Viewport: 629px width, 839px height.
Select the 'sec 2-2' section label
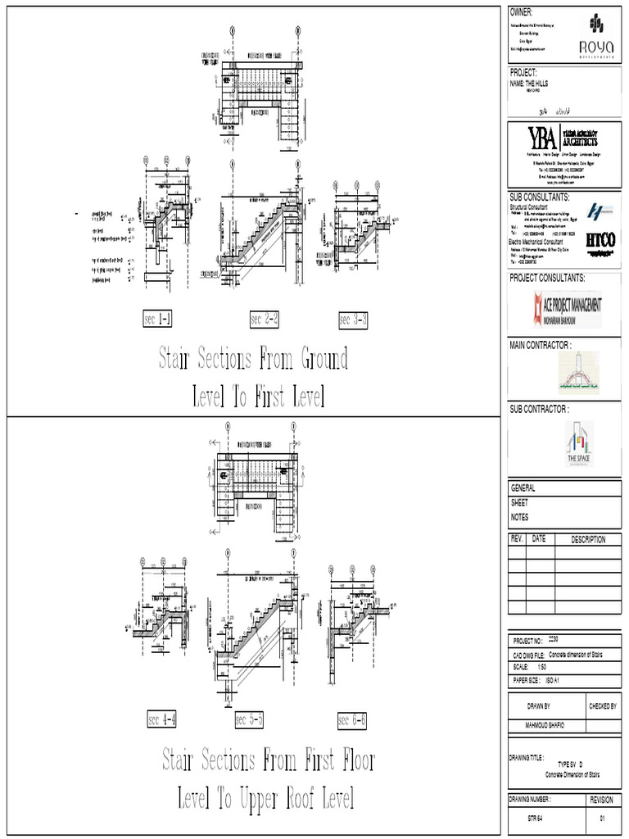pyautogui.click(x=265, y=320)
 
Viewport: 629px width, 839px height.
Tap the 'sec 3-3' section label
pyautogui.click(x=353, y=320)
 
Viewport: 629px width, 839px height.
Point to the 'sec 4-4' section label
pyautogui.click(x=162, y=720)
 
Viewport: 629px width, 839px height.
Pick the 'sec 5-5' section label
pyautogui.click(x=249, y=720)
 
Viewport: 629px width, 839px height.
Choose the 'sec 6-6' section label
pyautogui.click(x=352, y=720)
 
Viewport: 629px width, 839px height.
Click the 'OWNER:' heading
pyautogui.click(x=522, y=12)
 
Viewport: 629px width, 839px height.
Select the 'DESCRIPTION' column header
pyautogui.click(x=588, y=539)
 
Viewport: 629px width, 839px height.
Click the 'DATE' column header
pyautogui.click(x=539, y=539)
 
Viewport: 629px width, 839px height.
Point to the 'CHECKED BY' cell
pyautogui.click(x=602, y=705)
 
